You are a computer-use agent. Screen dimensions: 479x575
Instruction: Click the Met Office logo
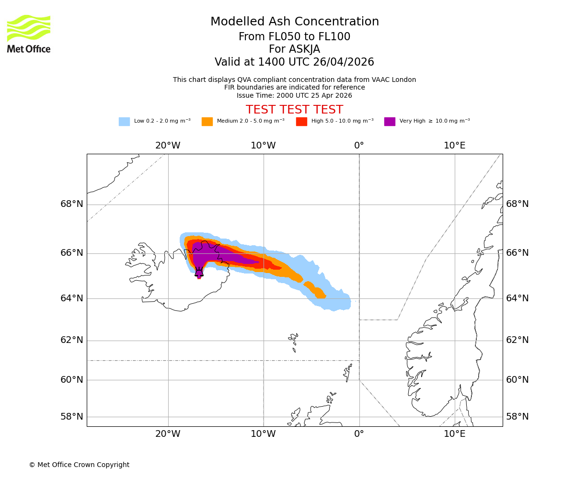tap(29, 34)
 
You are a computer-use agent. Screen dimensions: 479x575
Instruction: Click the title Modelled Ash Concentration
tap(295, 22)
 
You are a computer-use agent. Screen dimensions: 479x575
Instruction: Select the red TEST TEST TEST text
tap(294, 110)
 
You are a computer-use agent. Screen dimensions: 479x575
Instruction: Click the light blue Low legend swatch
tap(124, 122)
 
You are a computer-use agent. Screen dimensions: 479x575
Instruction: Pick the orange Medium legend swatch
tap(207, 122)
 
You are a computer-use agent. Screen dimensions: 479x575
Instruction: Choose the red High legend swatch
tap(301, 122)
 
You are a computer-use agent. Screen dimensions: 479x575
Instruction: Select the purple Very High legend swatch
tap(390, 122)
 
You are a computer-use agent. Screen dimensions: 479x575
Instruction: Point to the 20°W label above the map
tap(168, 146)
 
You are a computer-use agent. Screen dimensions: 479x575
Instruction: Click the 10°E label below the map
tap(454, 434)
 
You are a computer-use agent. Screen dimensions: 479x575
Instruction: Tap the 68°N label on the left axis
tap(72, 204)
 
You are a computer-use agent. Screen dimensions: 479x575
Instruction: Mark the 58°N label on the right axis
tap(517, 417)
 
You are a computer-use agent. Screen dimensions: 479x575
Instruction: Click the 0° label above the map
tap(359, 146)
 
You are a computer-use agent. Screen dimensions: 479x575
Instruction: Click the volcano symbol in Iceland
tap(199, 272)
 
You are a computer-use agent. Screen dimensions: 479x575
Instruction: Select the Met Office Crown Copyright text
tap(79, 465)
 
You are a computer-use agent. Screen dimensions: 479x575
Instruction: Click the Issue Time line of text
tap(294, 95)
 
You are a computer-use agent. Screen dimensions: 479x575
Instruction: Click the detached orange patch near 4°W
tap(315, 290)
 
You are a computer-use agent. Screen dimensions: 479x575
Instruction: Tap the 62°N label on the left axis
tap(72, 340)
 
